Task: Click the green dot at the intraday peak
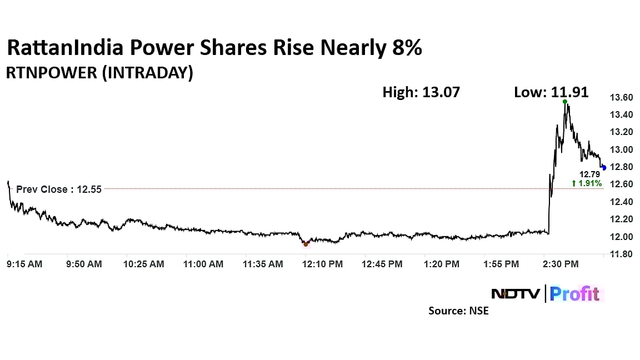565,102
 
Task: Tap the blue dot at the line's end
604,168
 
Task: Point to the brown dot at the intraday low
306,244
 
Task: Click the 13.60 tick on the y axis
621,98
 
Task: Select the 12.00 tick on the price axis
621,237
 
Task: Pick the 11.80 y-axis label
621,254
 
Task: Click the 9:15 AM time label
24,264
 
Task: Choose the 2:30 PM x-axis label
560,264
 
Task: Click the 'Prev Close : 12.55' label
59,189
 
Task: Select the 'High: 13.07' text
421,92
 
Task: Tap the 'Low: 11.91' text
551,92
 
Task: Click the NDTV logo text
515,293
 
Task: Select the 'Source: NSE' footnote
458,311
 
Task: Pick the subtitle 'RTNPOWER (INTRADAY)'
99,73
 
